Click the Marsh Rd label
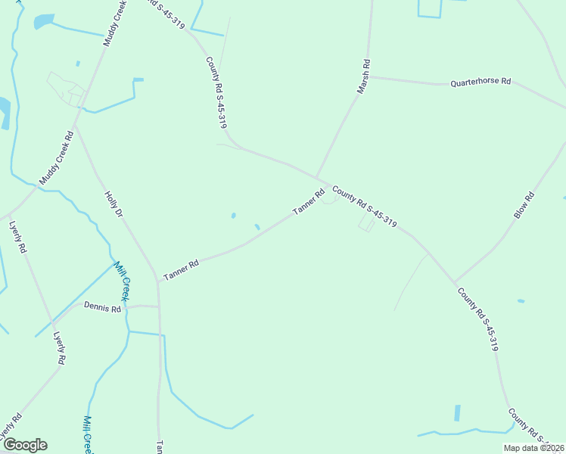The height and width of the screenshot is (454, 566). pyautogui.click(x=364, y=77)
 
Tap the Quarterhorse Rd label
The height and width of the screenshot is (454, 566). pyautogui.click(x=480, y=82)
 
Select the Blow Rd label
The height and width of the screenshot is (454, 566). pyautogui.click(x=524, y=206)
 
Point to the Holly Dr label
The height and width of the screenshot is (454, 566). pyautogui.click(x=113, y=204)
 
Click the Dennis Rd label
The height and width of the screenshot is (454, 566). pyautogui.click(x=102, y=309)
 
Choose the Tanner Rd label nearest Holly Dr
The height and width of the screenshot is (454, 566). pyautogui.click(x=181, y=269)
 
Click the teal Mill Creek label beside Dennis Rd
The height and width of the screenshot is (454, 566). pyautogui.click(x=122, y=279)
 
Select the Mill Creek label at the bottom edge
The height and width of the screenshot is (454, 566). pyautogui.click(x=88, y=434)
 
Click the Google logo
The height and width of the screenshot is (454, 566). pyautogui.click(x=25, y=445)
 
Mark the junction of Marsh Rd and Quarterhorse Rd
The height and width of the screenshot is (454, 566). pyautogui.click(x=369, y=76)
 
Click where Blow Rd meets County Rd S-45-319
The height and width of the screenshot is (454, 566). pyautogui.click(x=455, y=283)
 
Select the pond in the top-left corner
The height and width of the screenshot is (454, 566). pyautogui.click(x=44, y=21)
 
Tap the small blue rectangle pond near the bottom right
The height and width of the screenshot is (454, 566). pyautogui.click(x=457, y=413)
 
